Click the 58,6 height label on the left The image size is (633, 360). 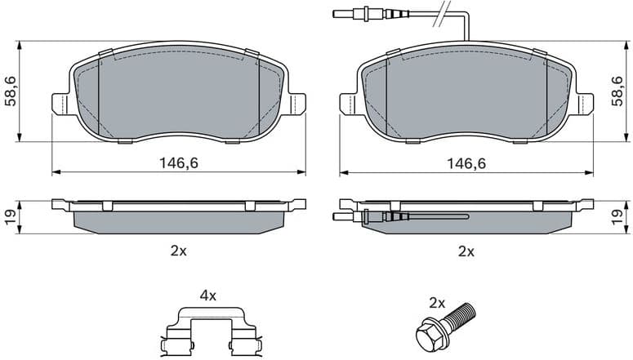[x=10, y=91]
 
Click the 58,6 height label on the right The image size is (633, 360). [x=622, y=91]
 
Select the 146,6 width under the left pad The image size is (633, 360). [x=179, y=163]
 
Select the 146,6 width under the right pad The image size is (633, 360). [x=466, y=163]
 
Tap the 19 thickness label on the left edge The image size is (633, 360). [x=10, y=216]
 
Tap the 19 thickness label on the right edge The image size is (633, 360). [x=622, y=216]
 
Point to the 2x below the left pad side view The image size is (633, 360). [x=179, y=251]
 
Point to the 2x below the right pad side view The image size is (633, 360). [x=466, y=251]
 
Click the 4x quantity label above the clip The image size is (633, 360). [x=208, y=294]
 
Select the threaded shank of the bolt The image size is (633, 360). [x=462, y=313]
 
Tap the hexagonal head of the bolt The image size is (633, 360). [x=427, y=335]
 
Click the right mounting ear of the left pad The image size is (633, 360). [x=296, y=103]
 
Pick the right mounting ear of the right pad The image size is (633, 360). [x=585, y=103]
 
